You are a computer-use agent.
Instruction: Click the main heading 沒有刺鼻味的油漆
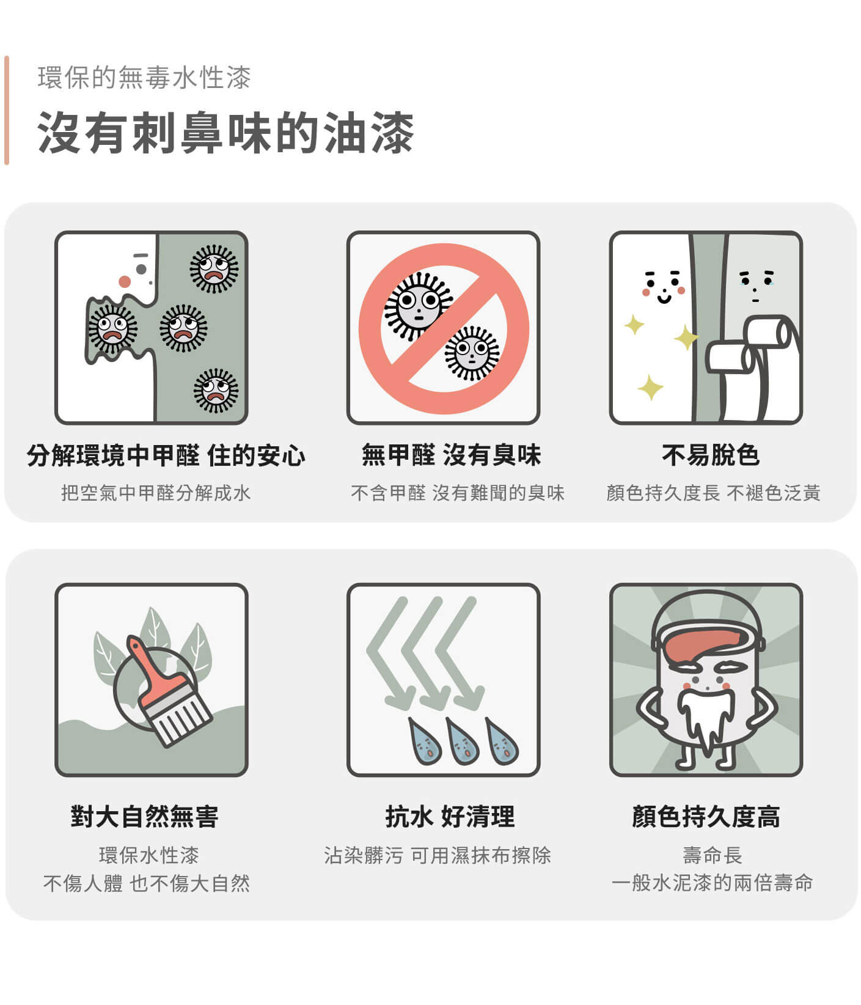(225, 133)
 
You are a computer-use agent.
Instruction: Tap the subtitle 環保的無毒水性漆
(144, 78)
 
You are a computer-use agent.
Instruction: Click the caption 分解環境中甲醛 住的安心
(166, 455)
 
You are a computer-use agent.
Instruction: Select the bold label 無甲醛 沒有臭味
(451, 455)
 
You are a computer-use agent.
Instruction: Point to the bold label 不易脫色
(711, 455)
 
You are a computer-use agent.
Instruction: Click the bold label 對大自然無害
(145, 816)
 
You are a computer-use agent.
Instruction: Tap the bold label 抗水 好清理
(450, 816)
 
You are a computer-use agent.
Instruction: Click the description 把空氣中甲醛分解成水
(156, 493)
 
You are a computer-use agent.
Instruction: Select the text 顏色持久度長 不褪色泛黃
(713, 493)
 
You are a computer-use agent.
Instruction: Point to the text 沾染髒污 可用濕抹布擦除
(438, 855)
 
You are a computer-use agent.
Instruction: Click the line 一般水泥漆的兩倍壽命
(712, 883)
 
